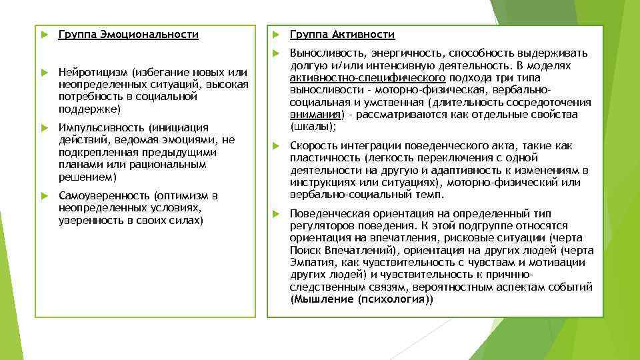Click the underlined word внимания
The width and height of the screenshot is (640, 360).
(313, 114)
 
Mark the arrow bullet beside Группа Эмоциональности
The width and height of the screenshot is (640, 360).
(43, 35)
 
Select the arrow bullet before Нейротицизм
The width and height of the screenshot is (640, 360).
(43, 72)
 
